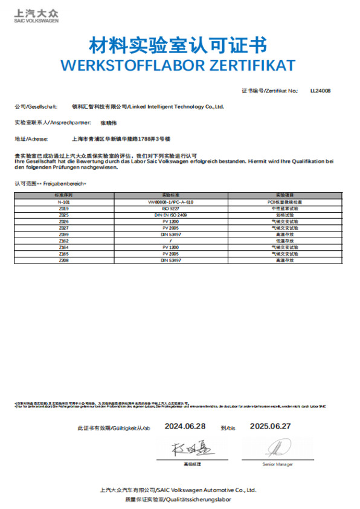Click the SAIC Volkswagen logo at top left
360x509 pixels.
click(x=36, y=16)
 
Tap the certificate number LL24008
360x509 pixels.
click(x=320, y=91)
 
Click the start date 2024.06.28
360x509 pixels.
click(x=184, y=426)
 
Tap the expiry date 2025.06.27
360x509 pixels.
click(x=271, y=426)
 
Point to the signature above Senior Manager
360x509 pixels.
click(x=277, y=449)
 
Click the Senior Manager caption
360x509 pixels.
click(x=277, y=464)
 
